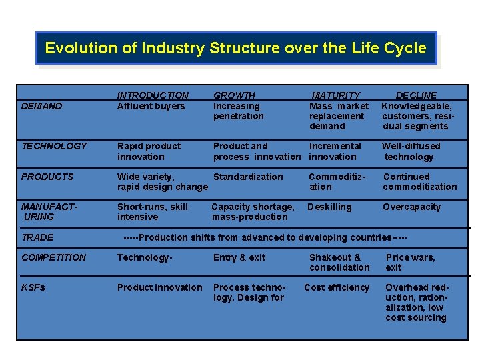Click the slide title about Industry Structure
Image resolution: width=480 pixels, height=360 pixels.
(x=235, y=48)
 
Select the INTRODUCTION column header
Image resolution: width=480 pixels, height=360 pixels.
(x=153, y=95)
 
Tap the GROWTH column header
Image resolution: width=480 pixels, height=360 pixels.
(x=234, y=95)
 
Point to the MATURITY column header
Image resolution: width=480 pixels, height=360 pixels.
(x=335, y=95)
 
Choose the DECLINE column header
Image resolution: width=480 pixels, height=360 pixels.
(x=416, y=95)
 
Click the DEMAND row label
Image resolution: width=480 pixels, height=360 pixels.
(x=41, y=106)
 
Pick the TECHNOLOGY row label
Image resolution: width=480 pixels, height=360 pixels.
(x=54, y=146)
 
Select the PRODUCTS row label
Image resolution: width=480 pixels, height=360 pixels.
(x=47, y=177)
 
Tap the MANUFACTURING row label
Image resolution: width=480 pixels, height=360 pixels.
(x=48, y=211)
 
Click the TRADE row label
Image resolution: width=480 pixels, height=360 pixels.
(x=37, y=237)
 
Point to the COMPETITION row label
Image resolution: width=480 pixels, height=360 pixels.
(x=53, y=257)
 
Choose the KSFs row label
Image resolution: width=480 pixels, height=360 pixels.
(x=33, y=287)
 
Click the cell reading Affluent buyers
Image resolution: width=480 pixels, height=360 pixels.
(x=151, y=106)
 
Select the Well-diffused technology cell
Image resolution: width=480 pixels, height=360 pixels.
(x=411, y=151)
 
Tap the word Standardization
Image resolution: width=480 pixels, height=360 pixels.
(x=248, y=177)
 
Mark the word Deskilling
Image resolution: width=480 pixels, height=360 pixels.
(x=329, y=207)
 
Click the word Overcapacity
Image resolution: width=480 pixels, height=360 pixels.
(x=411, y=207)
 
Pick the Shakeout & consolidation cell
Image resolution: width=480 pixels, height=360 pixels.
(x=339, y=262)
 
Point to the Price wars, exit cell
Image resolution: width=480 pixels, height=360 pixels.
(x=410, y=262)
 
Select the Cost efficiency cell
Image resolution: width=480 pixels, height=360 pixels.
(x=336, y=287)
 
